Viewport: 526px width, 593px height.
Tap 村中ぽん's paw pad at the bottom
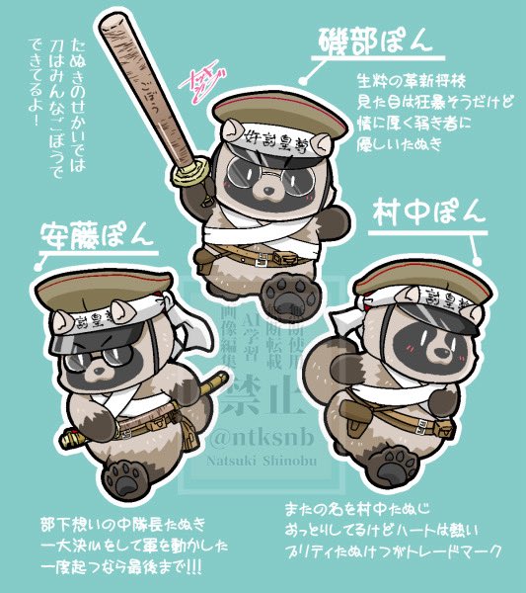(x=399, y=461)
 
